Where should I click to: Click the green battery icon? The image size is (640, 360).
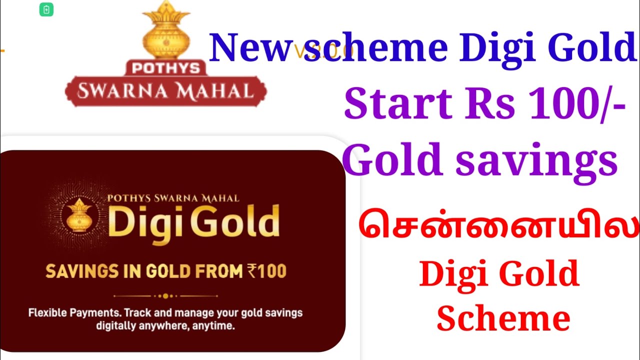coord(46,9)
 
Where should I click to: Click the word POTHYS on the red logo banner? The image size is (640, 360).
coord(165,68)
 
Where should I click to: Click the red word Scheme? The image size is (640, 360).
coord(503,318)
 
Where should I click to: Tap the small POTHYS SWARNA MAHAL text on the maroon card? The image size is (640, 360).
coord(173,198)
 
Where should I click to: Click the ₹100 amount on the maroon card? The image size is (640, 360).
coord(266,271)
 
